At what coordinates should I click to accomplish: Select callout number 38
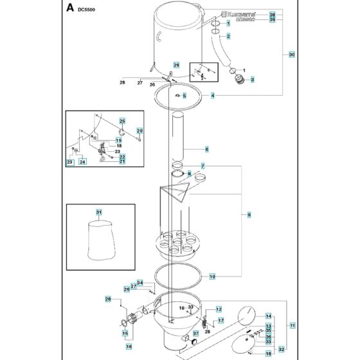coord(271,14)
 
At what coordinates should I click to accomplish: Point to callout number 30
coord(291,55)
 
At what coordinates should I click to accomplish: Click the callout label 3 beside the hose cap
coord(252,80)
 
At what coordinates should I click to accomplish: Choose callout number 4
coord(212,95)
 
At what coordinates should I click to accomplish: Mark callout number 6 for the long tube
coord(206,149)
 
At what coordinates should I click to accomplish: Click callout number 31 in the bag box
coord(99,212)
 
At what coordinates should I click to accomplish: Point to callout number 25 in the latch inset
coord(122,121)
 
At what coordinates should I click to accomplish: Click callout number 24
coord(82,162)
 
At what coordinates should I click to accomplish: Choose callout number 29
coord(175,66)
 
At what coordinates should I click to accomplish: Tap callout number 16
coord(129,346)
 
